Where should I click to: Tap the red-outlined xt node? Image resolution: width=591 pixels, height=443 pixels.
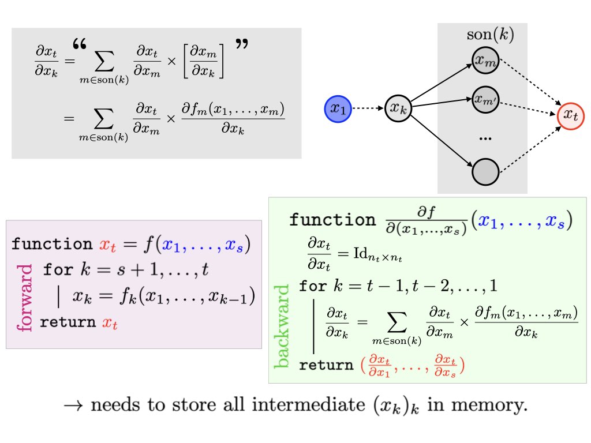pyautogui.click(x=571, y=116)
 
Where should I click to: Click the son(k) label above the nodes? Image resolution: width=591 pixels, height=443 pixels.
pyautogui.click(x=489, y=35)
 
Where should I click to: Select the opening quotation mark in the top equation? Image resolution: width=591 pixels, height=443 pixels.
pyautogui.click(x=80, y=44)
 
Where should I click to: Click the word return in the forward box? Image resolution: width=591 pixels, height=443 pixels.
pyautogui.click(x=68, y=322)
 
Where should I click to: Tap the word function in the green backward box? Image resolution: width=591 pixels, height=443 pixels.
pyautogui.click(x=331, y=220)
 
